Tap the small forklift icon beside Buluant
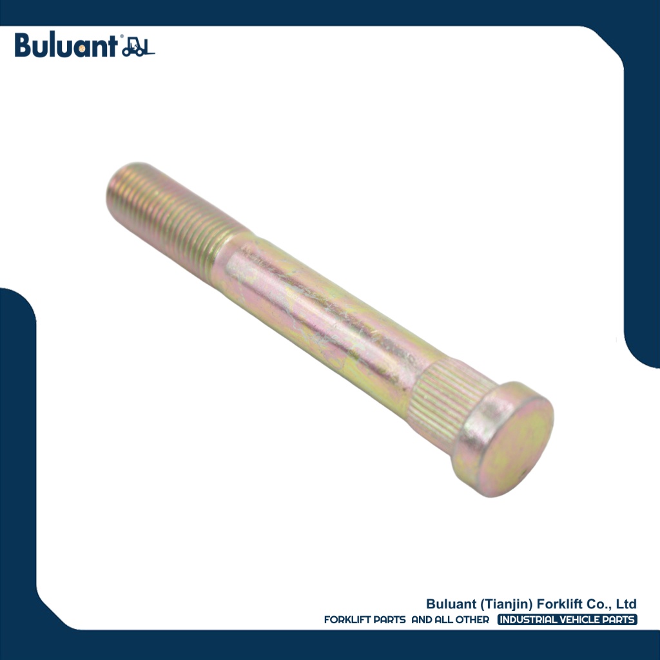tap(139, 48)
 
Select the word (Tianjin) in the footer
tap(508, 604)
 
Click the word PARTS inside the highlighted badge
tap(619, 620)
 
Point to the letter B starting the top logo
tap(23, 46)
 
